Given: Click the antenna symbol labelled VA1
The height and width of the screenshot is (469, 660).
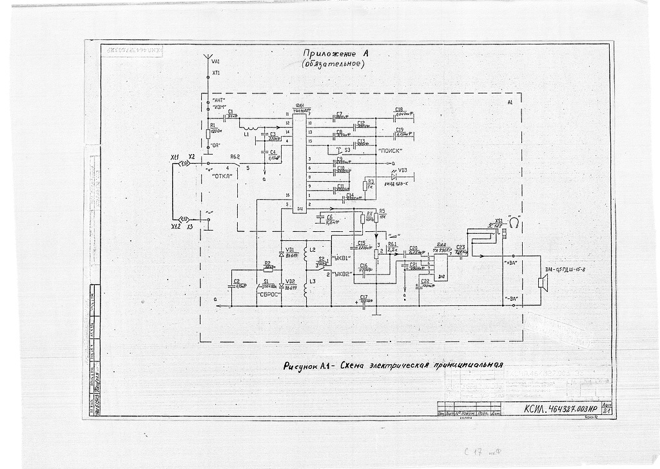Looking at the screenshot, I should (208, 60).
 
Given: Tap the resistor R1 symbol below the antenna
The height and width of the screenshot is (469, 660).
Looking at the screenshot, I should (208, 133).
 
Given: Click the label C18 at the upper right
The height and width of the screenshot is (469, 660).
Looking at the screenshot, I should (400, 110).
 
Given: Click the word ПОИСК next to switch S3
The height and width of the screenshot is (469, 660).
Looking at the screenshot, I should (391, 150).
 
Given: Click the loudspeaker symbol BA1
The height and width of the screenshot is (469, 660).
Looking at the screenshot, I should (541, 282).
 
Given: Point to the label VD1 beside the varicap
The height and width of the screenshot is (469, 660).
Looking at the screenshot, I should (290, 249).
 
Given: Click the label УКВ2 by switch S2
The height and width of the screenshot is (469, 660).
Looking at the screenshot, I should (340, 274).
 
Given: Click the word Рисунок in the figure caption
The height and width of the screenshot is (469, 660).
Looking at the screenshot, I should (300, 365).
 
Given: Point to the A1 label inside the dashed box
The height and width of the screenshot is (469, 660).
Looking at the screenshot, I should (510, 102).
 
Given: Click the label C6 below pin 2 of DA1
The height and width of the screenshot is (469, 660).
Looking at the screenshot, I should (329, 218).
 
